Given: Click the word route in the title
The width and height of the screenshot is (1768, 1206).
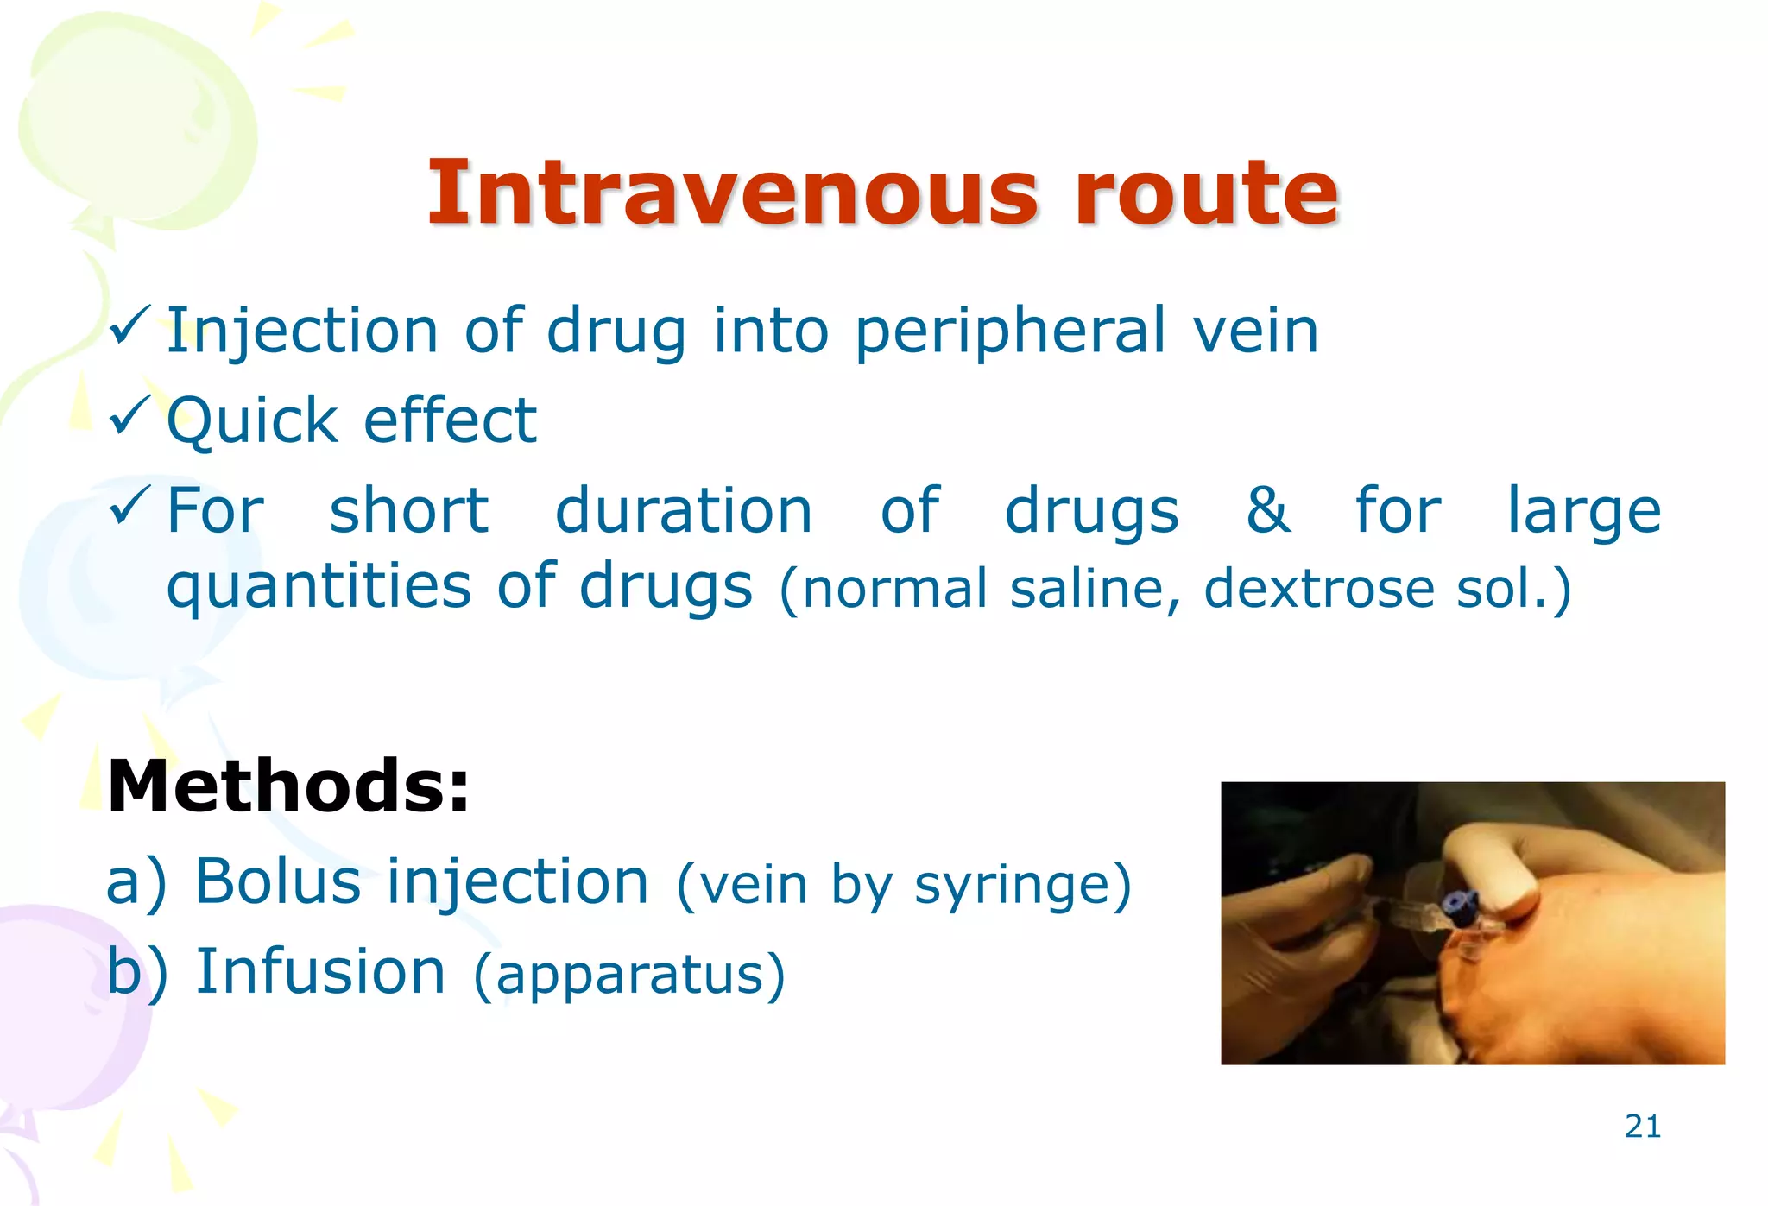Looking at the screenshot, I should click(x=1207, y=193).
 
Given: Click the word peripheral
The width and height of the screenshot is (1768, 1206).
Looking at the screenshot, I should click(x=1010, y=331).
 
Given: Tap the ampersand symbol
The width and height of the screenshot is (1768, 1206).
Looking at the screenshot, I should click(x=1267, y=509).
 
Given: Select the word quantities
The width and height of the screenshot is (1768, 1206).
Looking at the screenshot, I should click(x=319, y=587).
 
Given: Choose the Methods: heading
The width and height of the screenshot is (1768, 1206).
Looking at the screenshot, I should click(x=288, y=786).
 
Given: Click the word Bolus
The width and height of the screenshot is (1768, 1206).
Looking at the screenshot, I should click(x=278, y=881).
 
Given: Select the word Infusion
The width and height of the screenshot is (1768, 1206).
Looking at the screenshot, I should click(x=320, y=971).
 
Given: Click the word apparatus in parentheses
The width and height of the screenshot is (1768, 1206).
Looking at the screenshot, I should click(x=629, y=976).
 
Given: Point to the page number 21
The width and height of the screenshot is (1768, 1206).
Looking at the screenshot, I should click(x=1642, y=1127).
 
